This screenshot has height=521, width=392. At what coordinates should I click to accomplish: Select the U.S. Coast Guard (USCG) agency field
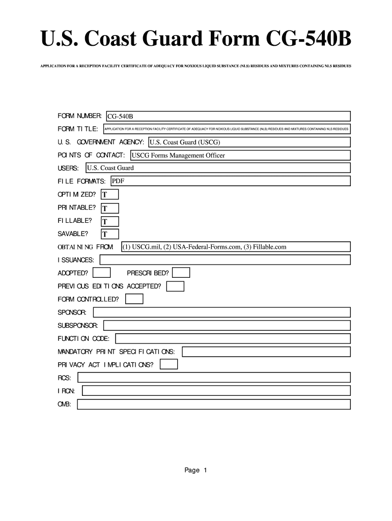coord(249,142)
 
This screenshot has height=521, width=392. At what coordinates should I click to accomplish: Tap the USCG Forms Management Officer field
coord(240,155)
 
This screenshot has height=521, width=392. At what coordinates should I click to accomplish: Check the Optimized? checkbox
coord(110,194)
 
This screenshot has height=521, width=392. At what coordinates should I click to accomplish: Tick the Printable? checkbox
coord(110,208)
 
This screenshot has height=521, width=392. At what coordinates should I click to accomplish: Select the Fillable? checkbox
coord(110,221)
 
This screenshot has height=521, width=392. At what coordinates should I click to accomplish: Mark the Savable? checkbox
coord(110,234)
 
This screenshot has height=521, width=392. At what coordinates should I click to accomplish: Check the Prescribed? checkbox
coord(181,273)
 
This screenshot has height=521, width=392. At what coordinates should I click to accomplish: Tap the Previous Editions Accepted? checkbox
coord(176,286)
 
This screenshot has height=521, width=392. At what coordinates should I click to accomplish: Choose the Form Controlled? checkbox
coord(135,299)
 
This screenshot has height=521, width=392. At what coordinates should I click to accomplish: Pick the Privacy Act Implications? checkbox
coord(169,364)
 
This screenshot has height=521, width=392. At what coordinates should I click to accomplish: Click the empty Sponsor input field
coord(221,312)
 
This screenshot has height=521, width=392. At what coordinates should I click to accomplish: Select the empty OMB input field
coord(213,404)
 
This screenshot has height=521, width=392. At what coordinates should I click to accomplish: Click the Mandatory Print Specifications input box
coord(266,352)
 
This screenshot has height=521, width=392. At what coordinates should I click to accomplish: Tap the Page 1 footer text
coord(196,470)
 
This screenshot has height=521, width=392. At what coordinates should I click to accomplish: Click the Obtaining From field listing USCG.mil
coord(236,247)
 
